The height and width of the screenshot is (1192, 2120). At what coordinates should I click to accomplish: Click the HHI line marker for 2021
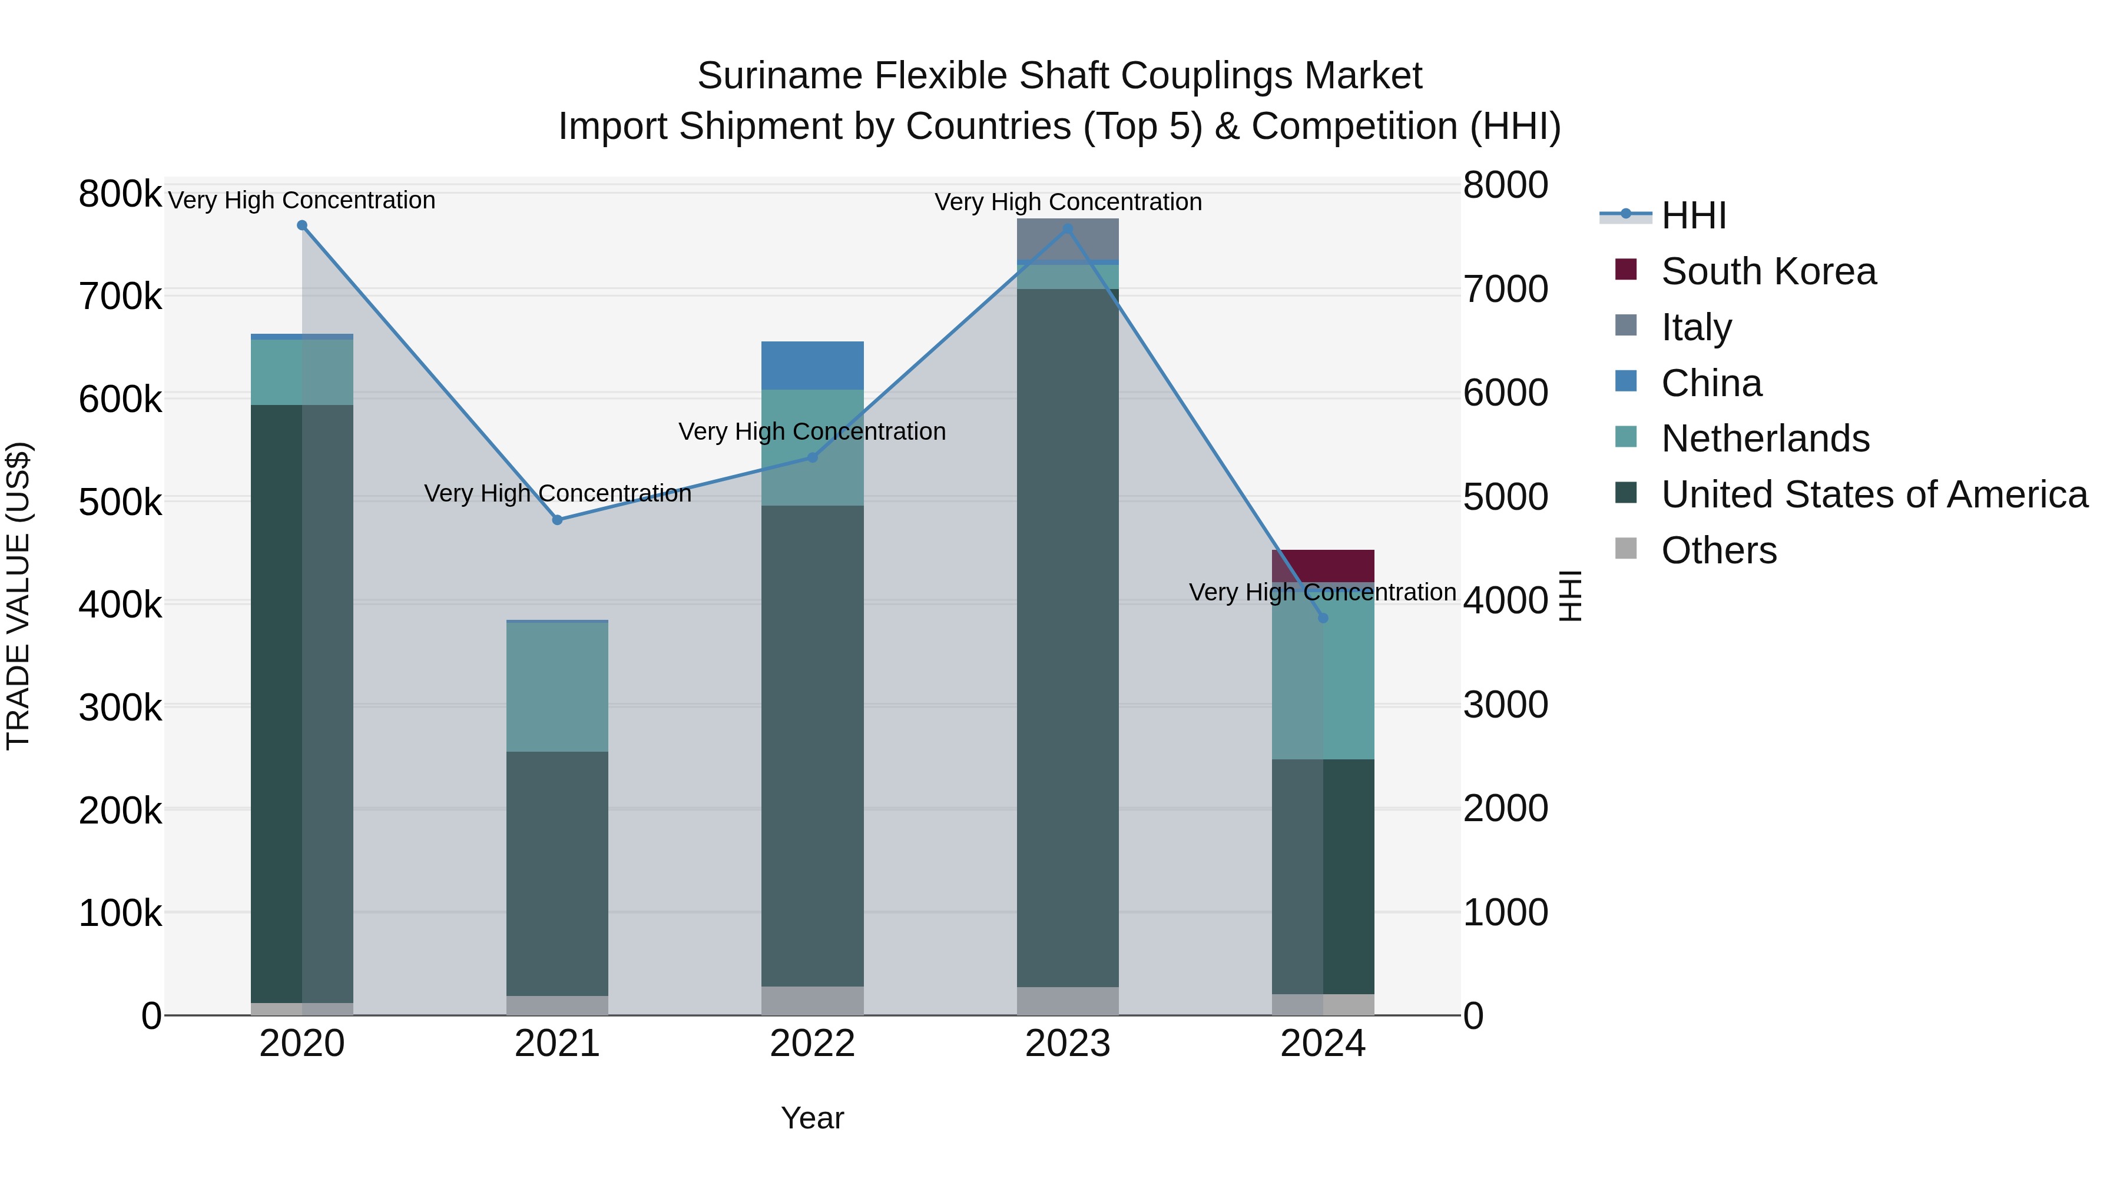pos(557,520)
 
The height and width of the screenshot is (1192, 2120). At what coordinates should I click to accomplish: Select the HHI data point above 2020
pos(302,225)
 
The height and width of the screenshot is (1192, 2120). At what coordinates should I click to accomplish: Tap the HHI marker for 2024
pos(1323,618)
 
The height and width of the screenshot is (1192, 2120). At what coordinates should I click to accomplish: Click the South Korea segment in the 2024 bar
pos(1323,566)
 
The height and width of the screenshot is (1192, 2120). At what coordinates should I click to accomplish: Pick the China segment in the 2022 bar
pos(812,365)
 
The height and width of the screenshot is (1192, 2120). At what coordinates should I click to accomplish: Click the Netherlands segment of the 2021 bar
pos(557,687)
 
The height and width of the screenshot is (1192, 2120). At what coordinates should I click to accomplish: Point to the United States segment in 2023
pos(1068,637)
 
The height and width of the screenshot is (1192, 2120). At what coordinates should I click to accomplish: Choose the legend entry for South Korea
pos(1768,271)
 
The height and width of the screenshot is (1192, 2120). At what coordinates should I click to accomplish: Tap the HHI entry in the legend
pos(1693,215)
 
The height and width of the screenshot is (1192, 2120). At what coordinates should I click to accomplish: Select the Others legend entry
pos(1718,550)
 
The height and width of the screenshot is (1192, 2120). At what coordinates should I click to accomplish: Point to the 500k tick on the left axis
pos(120,502)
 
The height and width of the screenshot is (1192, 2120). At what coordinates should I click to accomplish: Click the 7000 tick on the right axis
pos(1505,290)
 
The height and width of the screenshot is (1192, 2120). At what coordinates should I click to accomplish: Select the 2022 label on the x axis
pos(812,1044)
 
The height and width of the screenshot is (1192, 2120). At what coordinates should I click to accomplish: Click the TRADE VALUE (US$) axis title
pos(18,596)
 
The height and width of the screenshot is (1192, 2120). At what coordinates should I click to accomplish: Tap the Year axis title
pos(812,1118)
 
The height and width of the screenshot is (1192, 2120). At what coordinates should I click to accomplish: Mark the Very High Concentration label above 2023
pos(1068,202)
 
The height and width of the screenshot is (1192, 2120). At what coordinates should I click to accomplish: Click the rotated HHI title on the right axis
pos(1570,596)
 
